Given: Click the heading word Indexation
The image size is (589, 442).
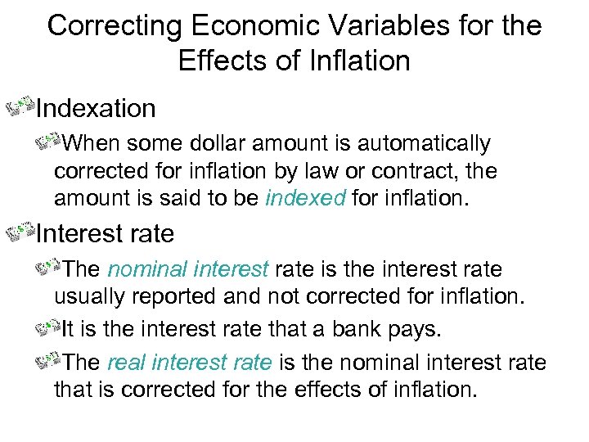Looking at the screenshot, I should [96, 107].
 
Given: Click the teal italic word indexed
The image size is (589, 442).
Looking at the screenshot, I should [306, 200].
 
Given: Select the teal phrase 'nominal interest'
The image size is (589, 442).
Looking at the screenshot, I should [188, 269].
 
